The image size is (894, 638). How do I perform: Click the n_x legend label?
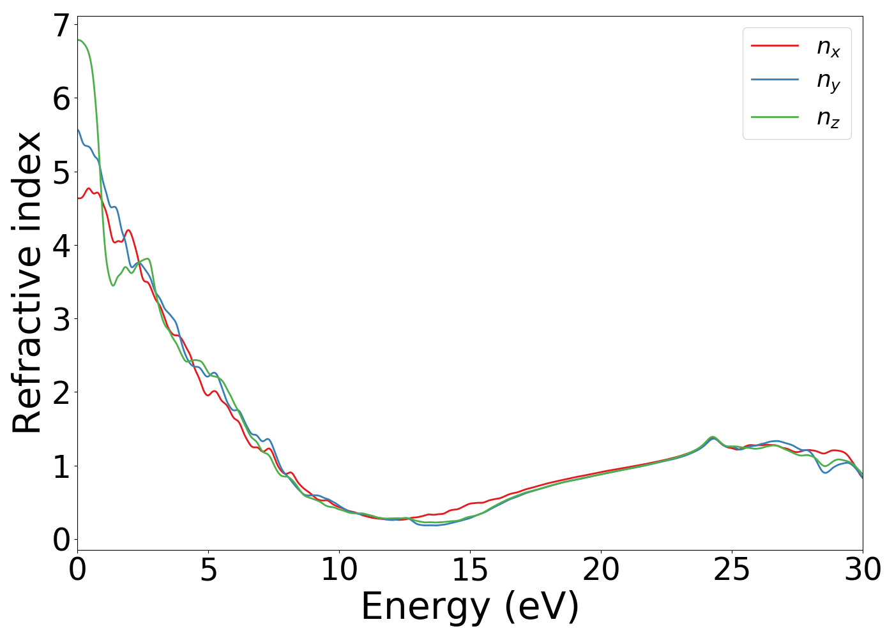pyautogui.click(x=828, y=47)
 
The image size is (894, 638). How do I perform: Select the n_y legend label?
pyautogui.click(x=828, y=82)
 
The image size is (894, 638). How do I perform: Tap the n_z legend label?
pyautogui.click(x=828, y=117)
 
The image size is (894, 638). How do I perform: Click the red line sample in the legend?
pyautogui.click(x=775, y=46)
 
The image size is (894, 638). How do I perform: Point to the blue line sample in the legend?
pyautogui.click(x=775, y=80)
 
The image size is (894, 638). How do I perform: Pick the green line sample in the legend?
pyautogui.click(x=775, y=117)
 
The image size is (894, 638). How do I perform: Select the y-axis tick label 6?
pyautogui.click(x=61, y=99)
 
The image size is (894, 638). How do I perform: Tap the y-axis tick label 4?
pyautogui.click(x=61, y=246)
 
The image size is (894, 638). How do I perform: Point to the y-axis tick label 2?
pyautogui.click(x=61, y=393)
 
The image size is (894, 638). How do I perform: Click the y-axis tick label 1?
pyautogui.click(x=61, y=466)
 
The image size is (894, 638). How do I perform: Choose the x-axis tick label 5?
pyautogui.click(x=208, y=570)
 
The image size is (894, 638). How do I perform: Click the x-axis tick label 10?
pyautogui.click(x=339, y=570)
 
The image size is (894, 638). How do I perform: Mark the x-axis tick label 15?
pyautogui.click(x=470, y=570)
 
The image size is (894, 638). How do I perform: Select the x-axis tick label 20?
pyautogui.click(x=601, y=570)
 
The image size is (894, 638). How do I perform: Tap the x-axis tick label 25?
pyautogui.click(x=732, y=570)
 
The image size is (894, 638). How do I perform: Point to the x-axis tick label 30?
pyautogui.click(x=862, y=570)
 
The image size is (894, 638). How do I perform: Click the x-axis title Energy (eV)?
pyautogui.click(x=470, y=607)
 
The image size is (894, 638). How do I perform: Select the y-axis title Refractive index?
pyautogui.click(x=27, y=283)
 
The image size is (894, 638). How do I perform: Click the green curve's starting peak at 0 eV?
pyautogui.click(x=79, y=40)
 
